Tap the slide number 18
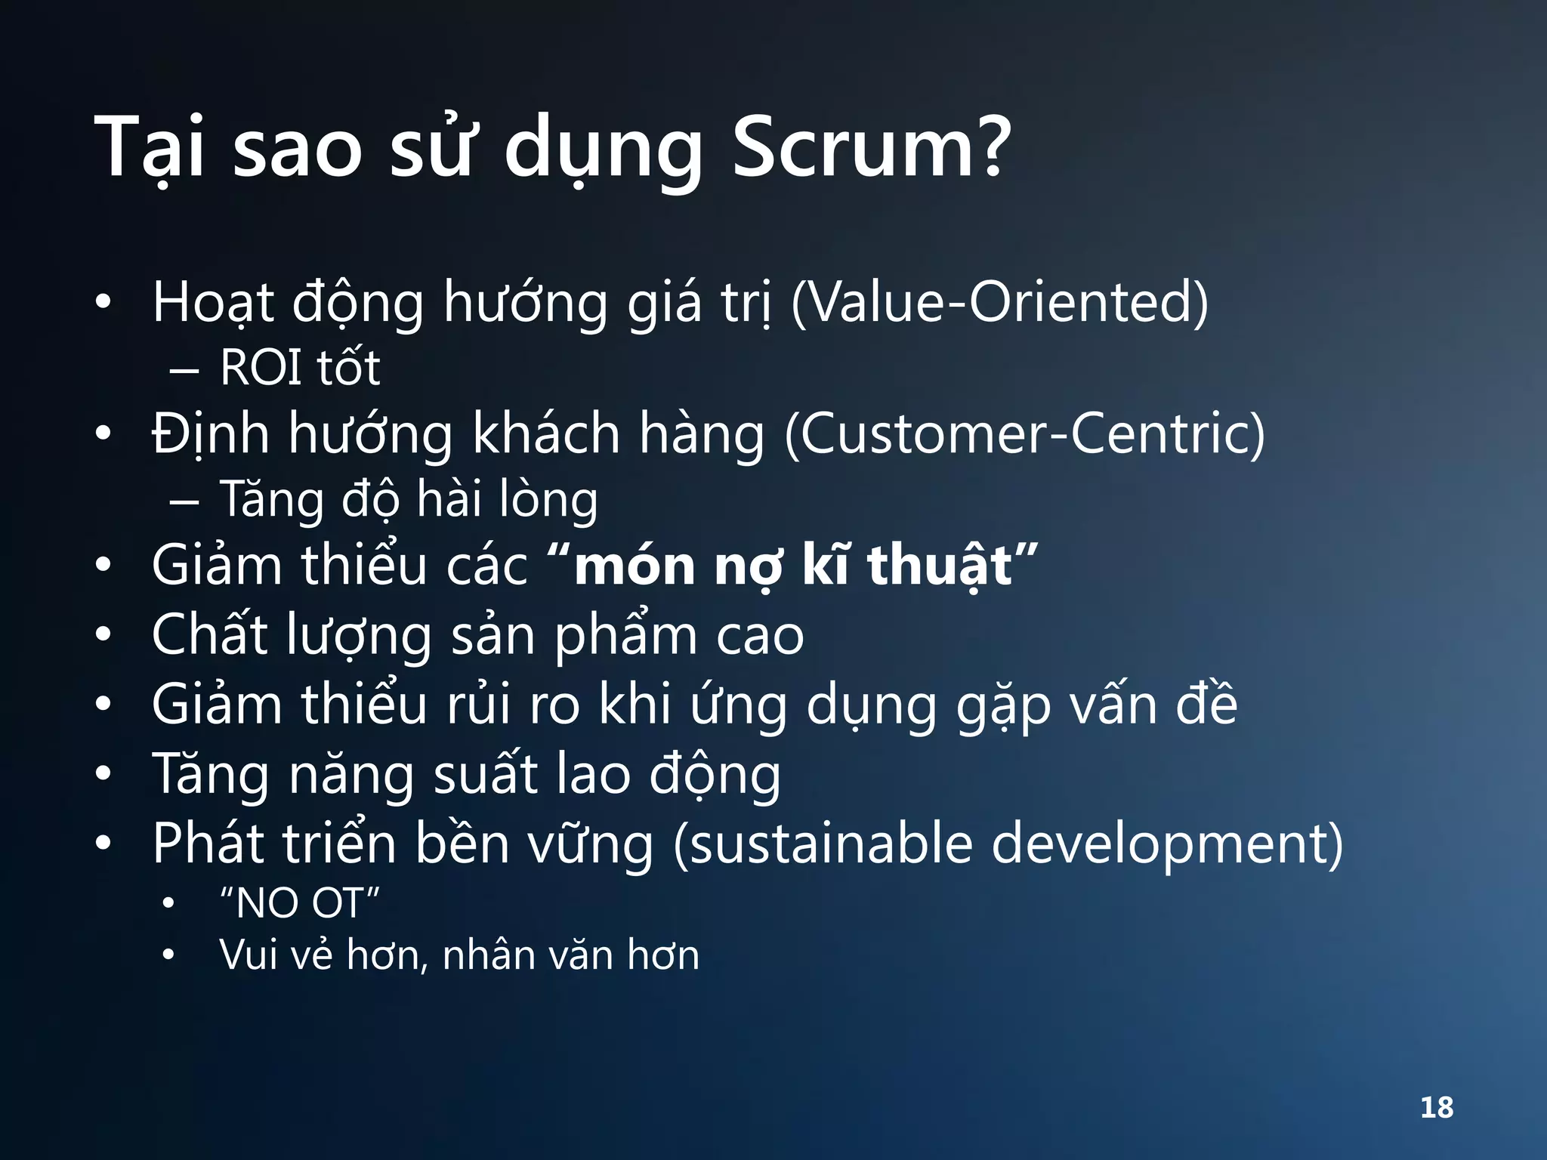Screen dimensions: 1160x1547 [1436, 1108]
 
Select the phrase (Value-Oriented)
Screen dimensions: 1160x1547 [999, 303]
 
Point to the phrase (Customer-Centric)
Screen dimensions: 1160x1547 [1024, 435]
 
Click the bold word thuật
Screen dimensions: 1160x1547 [940, 566]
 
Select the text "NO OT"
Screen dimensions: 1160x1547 [299, 903]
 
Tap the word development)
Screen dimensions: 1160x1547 [1166, 844]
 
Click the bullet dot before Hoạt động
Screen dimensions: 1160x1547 [103, 303]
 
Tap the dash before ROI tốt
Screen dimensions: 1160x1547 [184, 371]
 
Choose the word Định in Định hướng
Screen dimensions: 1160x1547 [210, 435]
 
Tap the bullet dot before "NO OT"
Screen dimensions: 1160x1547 [168, 903]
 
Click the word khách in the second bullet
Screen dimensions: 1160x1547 [545, 435]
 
